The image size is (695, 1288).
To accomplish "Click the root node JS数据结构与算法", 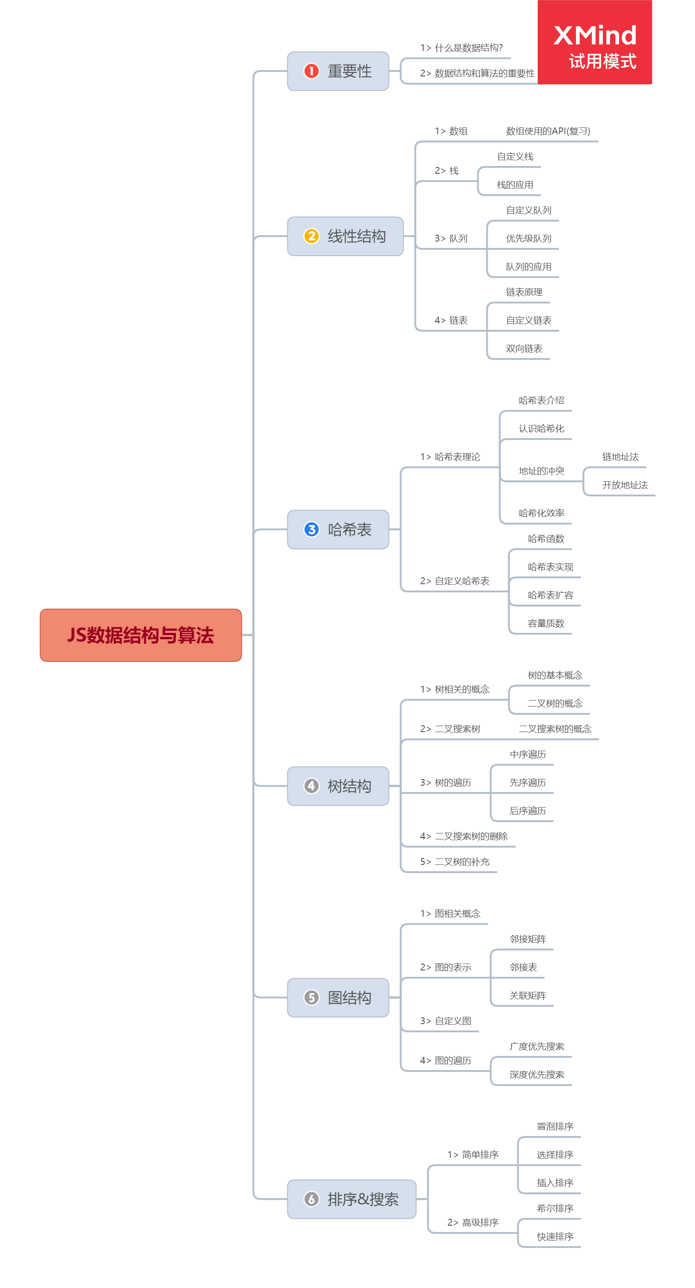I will tap(140, 635).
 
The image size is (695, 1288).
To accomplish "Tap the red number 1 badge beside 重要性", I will tap(311, 71).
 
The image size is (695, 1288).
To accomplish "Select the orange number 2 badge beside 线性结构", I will tap(311, 236).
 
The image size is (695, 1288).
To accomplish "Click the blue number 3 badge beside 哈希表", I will tap(311, 529).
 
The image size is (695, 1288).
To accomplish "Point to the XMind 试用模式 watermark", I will tap(594, 42).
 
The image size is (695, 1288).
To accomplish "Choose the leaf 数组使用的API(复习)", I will tap(548, 131).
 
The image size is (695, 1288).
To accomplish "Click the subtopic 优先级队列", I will tap(528, 238).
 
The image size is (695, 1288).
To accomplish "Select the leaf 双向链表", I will tap(524, 349).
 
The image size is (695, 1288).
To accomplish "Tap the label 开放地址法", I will tap(625, 485).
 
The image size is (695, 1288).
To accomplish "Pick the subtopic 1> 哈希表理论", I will tap(450, 457).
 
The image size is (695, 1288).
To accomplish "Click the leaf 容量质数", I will tap(545, 623).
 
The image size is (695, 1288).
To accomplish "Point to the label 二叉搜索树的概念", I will tap(555, 729).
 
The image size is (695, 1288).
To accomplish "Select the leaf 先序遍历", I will tap(528, 783).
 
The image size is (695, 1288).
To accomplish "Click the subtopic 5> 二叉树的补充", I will tap(454, 862).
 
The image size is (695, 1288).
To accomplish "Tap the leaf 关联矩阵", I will tap(528, 995).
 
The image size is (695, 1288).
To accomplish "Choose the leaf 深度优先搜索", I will tap(537, 1075).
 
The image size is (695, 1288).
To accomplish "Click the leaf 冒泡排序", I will tap(555, 1126).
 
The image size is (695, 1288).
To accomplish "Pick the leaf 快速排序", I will tap(555, 1237).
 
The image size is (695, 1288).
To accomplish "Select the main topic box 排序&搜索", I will tap(352, 1199).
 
